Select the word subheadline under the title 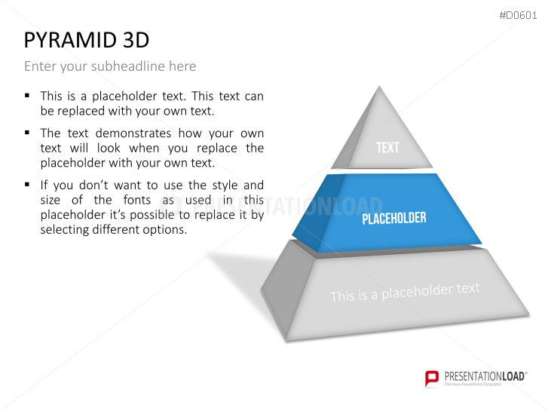pyautogui.click(x=128, y=66)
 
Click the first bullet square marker pyautogui.click(x=27, y=96)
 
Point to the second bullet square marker pyautogui.click(x=27, y=133)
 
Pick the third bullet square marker pyautogui.click(x=27, y=185)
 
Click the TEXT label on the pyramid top pyautogui.click(x=387, y=148)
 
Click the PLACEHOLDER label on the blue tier pyautogui.click(x=394, y=219)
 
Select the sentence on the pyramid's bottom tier pyautogui.click(x=405, y=292)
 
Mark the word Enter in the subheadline pyautogui.click(x=40, y=66)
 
